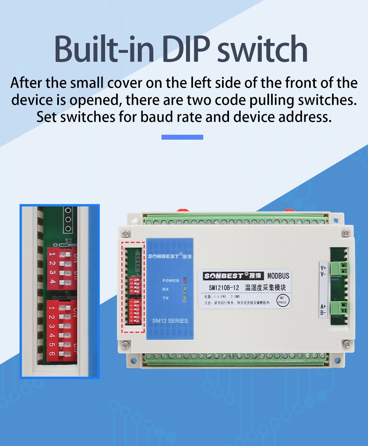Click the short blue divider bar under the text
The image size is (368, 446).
point(182,137)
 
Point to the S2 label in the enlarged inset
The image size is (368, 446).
point(68,241)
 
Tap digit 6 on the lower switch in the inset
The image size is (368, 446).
point(52,353)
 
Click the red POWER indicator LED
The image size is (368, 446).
point(184,281)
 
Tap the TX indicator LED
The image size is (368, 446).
point(184,298)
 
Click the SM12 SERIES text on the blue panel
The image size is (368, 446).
point(170,321)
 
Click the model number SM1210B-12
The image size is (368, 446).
point(223,288)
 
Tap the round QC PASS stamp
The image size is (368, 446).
point(283,300)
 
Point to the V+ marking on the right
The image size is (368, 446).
point(323,269)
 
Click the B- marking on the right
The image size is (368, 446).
point(323,313)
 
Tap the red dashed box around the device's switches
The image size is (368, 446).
point(133,287)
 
